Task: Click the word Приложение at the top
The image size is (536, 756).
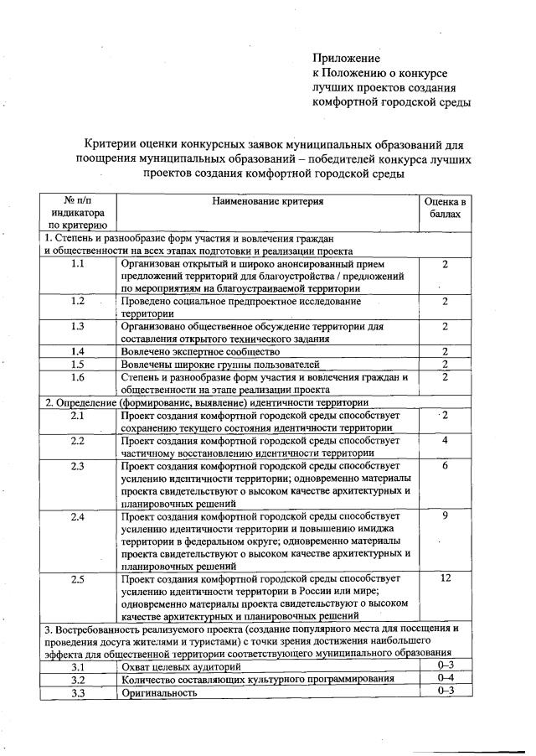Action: pyautogui.click(x=346, y=59)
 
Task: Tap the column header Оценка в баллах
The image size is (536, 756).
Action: pyautogui.click(x=446, y=209)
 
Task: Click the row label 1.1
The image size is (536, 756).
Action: pyautogui.click(x=78, y=264)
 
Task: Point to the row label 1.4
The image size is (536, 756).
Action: pyautogui.click(x=78, y=351)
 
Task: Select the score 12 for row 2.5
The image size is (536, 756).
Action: pyautogui.click(x=446, y=579)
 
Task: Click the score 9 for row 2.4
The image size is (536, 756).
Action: pyautogui.click(x=446, y=515)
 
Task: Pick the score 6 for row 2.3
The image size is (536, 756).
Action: pyautogui.click(x=446, y=465)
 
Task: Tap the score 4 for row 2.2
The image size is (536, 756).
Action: pyautogui.click(x=446, y=440)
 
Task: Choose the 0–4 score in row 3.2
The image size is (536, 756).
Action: pyautogui.click(x=446, y=677)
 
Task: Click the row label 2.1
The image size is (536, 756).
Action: pyautogui.click(x=78, y=415)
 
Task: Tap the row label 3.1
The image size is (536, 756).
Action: pyautogui.click(x=78, y=665)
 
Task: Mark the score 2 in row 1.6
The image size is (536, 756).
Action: pyautogui.click(x=446, y=377)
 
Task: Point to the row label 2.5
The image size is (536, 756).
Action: pyautogui.click(x=78, y=579)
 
